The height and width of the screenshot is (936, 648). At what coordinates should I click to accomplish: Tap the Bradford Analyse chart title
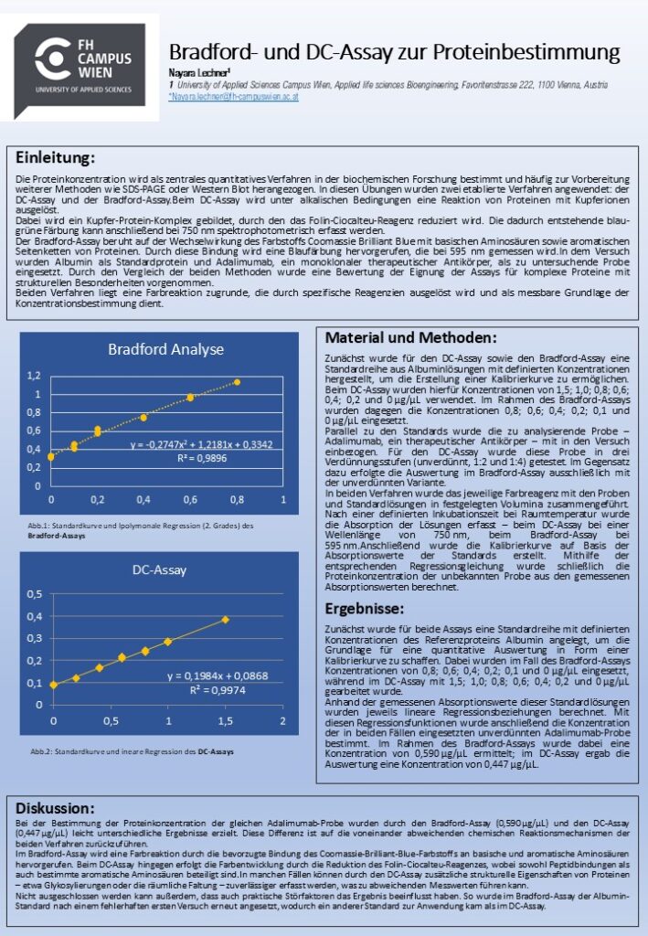(x=165, y=349)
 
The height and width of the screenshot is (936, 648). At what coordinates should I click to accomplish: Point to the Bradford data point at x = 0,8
(x=237, y=382)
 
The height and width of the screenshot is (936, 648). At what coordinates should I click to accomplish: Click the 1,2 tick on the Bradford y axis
(x=34, y=376)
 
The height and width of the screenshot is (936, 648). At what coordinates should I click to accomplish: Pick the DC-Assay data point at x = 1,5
(x=225, y=620)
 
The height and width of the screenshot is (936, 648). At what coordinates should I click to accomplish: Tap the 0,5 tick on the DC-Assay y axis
(x=34, y=594)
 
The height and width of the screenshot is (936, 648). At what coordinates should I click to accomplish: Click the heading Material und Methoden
(x=410, y=337)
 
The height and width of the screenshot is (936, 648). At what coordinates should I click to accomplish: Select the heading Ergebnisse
(x=364, y=608)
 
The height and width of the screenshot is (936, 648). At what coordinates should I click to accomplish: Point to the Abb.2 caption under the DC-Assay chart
(x=132, y=751)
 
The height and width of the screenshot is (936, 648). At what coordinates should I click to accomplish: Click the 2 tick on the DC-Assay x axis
(x=283, y=722)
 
